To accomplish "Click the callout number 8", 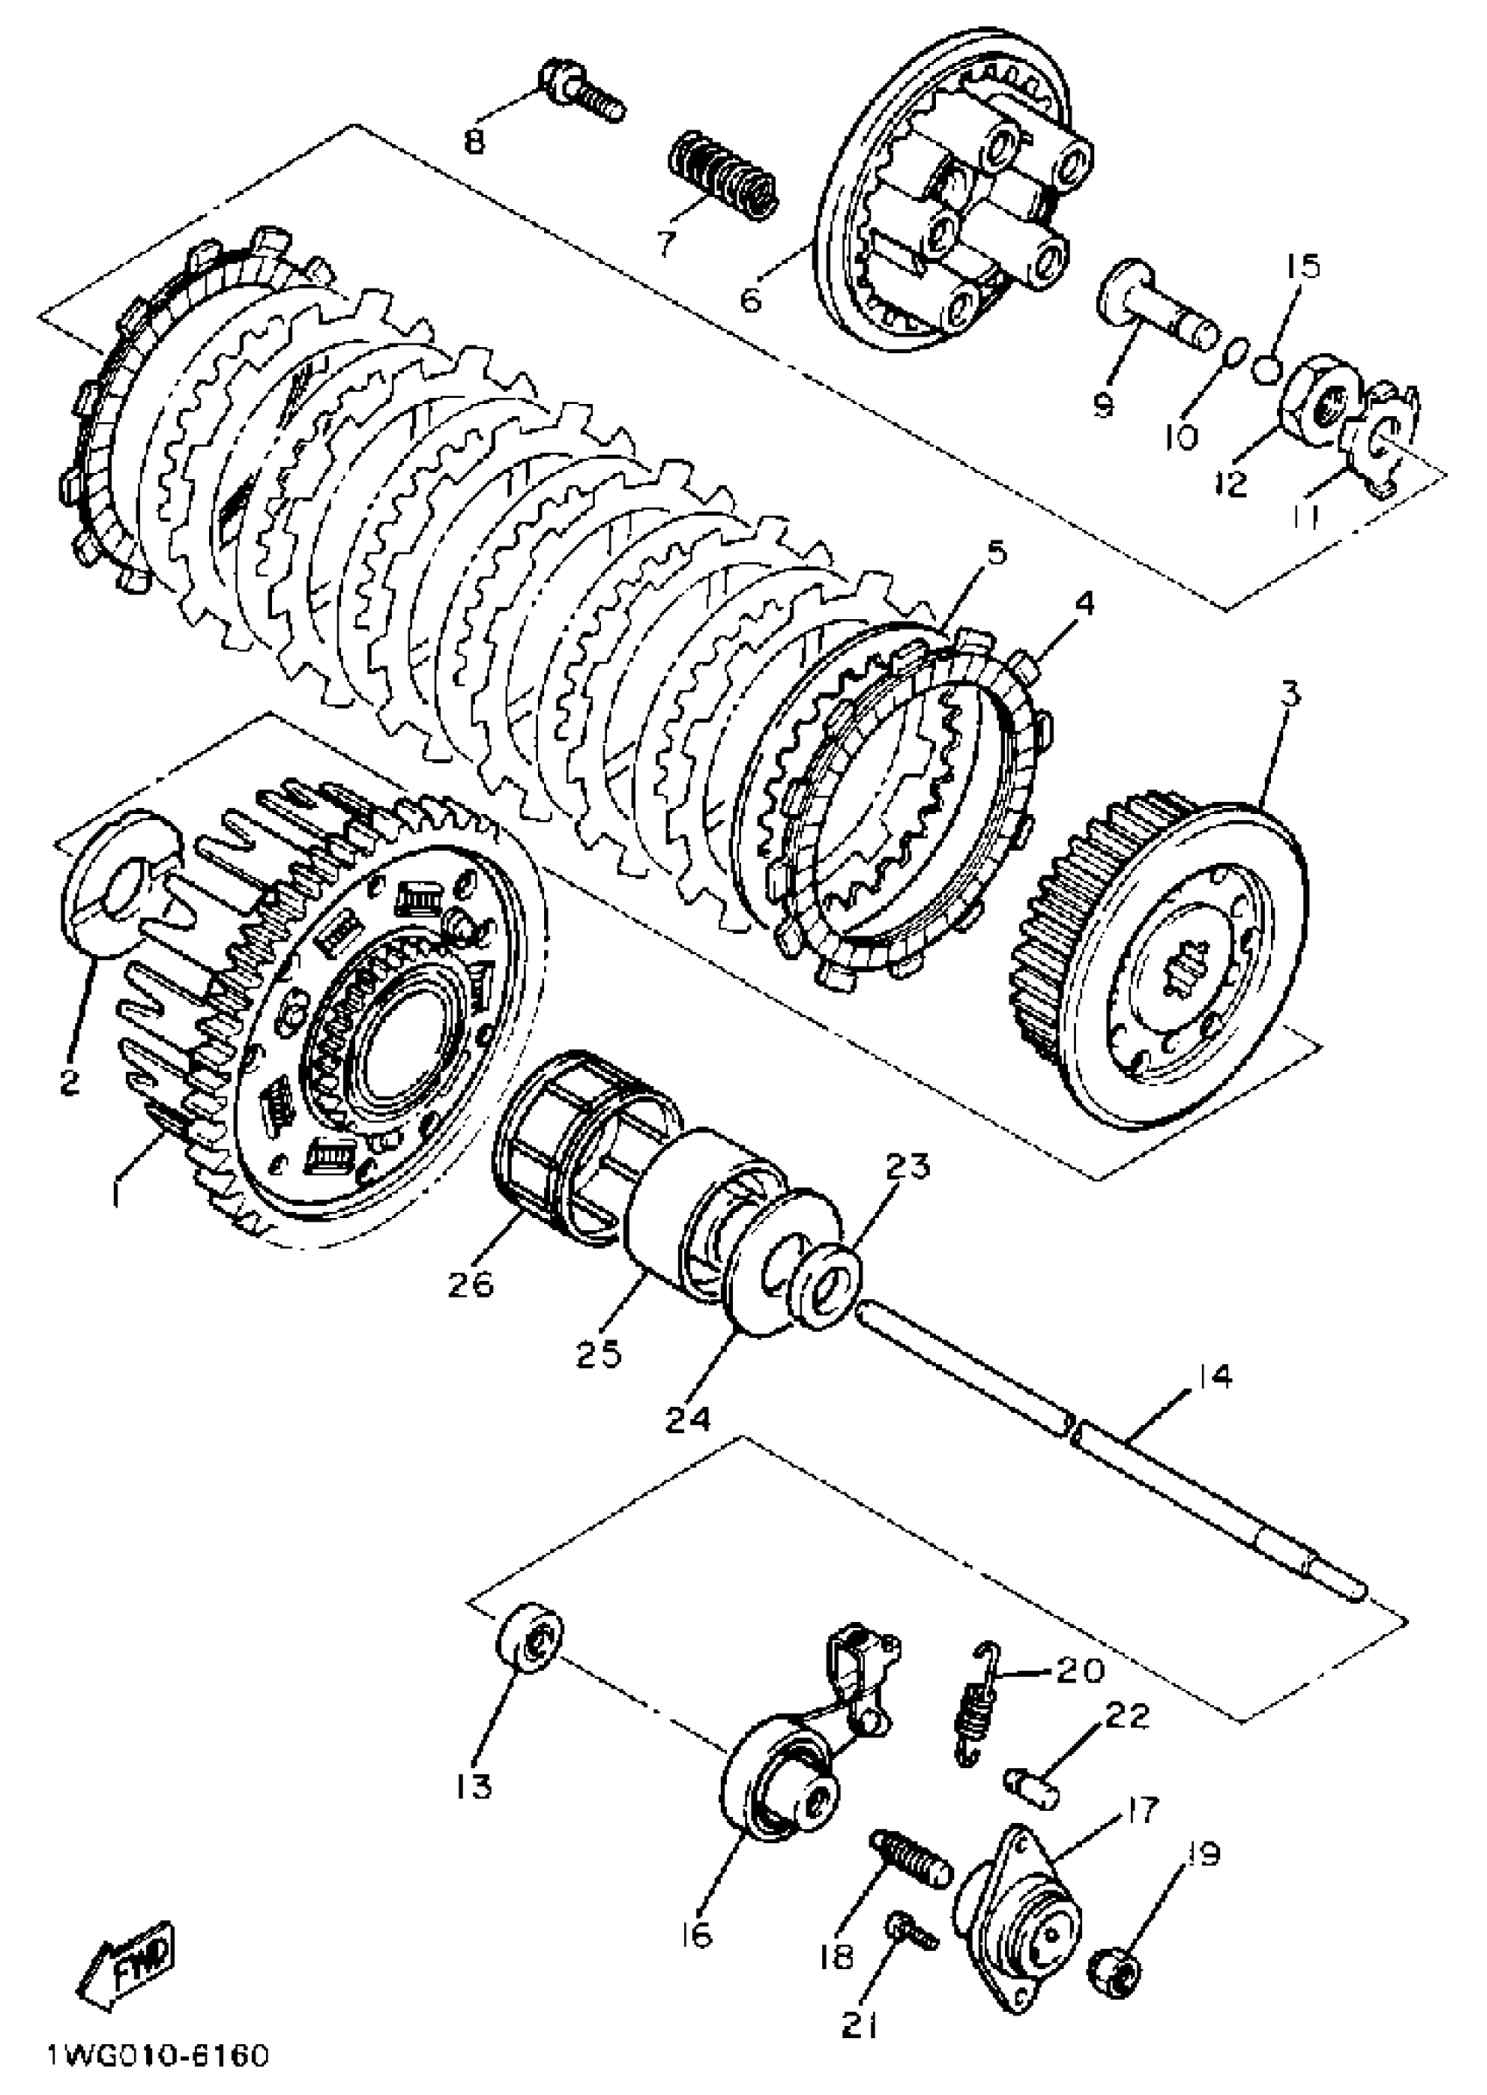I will pos(474,143).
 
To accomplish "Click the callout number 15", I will pos(1302,268).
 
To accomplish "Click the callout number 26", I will pos(471,1284).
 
